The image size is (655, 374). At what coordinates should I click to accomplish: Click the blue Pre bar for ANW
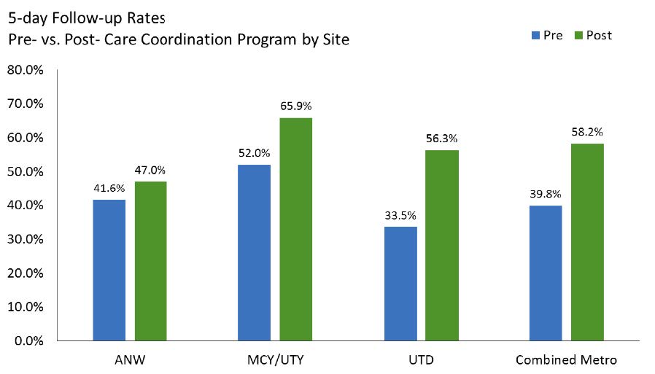tap(109, 270)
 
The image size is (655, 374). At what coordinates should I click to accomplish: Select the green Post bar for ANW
tap(150, 261)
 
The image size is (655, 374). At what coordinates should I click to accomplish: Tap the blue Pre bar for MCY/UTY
tap(254, 252)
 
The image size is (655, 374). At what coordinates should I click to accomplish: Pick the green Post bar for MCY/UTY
tap(295, 229)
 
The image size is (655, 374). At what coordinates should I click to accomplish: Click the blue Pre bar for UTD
tap(400, 284)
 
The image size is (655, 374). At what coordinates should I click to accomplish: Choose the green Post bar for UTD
tap(442, 245)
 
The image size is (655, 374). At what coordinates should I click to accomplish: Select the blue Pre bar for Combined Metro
tap(546, 273)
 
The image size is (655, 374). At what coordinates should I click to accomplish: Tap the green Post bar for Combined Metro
tap(587, 242)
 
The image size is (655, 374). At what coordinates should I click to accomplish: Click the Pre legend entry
tap(546, 35)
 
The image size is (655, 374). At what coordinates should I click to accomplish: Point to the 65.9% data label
tap(295, 106)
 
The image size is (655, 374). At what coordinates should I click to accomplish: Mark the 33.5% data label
tap(400, 216)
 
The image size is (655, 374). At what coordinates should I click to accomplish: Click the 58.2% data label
tap(587, 132)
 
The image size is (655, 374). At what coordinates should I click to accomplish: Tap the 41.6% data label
tap(109, 188)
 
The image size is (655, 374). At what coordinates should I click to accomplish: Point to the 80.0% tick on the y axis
tap(26, 70)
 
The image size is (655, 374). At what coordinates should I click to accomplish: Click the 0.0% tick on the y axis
tap(28, 340)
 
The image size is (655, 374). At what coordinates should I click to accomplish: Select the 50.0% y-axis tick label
tap(26, 171)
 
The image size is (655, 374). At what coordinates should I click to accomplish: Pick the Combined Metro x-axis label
tap(567, 360)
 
